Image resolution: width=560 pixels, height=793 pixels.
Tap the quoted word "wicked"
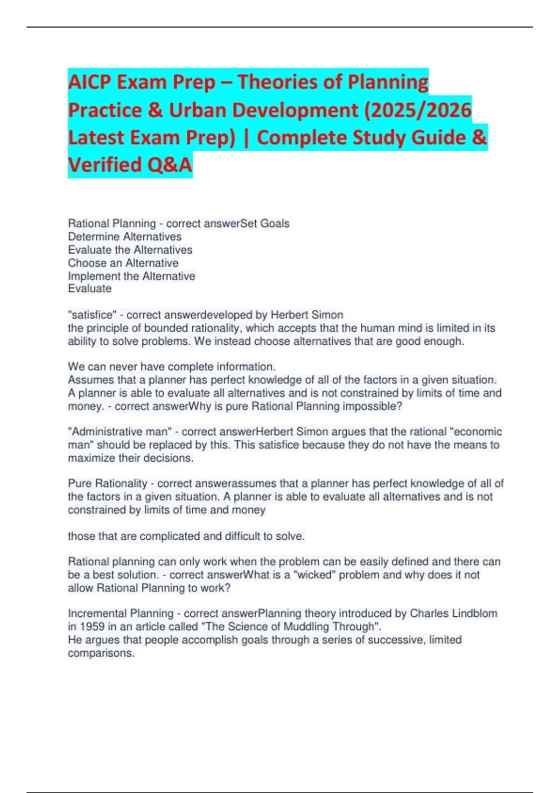(314, 575)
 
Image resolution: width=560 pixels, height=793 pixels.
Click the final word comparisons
(101, 653)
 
